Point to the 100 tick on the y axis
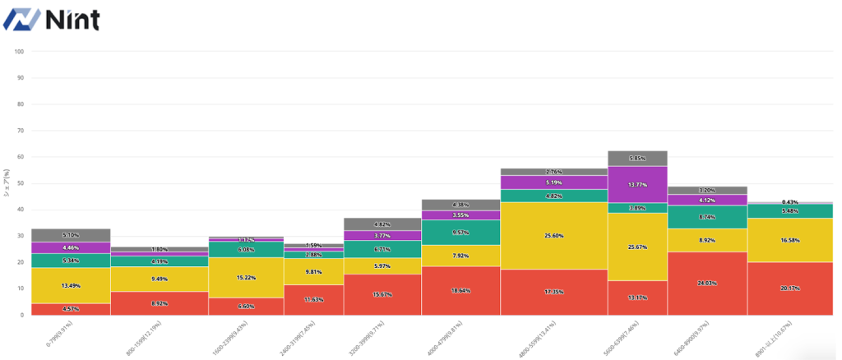click(x=19, y=52)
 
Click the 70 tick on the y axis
click(x=19, y=131)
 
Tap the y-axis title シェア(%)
click(x=7, y=182)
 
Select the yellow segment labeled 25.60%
click(x=555, y=236)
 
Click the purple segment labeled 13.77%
click(x=637, y=185)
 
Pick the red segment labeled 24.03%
click(x=707, y=283)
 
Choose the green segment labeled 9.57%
click(x=460, y=233)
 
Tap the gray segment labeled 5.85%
click(x=637, y=159)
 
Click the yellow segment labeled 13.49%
click(x=71, y=286)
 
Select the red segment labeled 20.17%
click(x=790, y=288)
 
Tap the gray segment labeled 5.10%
click(x=71, y=235)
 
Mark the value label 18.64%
click(x=460, y=290)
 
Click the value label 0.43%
click(x=790, y=202)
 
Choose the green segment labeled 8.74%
click(x=707, y=217)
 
